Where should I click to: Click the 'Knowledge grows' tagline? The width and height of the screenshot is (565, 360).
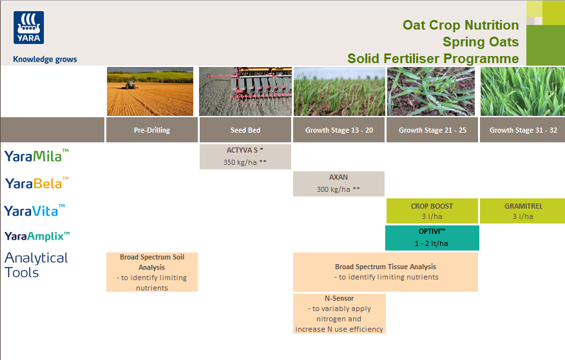coord(44,59)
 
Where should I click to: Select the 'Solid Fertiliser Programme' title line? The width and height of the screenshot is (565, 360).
coord(433,59)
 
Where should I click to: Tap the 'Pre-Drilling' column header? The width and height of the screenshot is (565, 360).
coord(152,130)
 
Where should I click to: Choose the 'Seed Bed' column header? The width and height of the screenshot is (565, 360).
coord(245,130)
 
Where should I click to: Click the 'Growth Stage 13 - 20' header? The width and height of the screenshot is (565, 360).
coord(339,130)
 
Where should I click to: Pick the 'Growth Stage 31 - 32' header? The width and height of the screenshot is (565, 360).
coord(522,130)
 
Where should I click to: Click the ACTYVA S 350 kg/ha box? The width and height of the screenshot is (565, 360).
coord(245,156)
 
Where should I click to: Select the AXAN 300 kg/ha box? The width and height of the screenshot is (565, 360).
coord(339,184)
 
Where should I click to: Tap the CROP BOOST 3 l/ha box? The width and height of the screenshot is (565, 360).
coord(432,211)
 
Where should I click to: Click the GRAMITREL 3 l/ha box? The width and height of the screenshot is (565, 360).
coord(522,211)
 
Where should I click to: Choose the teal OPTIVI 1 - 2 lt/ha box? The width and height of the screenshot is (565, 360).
coord(432,238)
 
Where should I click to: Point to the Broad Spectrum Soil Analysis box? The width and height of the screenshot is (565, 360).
coord(152,272)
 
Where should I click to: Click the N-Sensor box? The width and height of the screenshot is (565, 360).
coord(340,314)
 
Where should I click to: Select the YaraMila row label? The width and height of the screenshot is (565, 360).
coord(37,156)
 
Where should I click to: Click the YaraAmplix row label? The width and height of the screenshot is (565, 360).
coord(37,236)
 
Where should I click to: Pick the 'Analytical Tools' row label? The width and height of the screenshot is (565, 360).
coord(36,265)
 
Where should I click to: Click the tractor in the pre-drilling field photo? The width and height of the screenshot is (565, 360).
coord(131,84)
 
